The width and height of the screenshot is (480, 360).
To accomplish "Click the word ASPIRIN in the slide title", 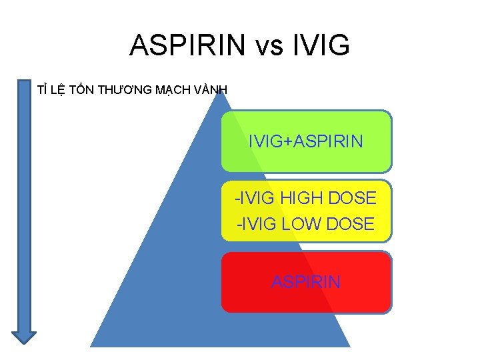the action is pos(187,45).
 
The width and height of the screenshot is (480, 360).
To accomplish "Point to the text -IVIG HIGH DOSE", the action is pos(305,198).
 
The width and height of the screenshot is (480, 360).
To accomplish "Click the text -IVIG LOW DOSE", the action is pos(305,224).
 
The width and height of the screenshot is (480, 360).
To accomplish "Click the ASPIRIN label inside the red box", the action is pos(306,281).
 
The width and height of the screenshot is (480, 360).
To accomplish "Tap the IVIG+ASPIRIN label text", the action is pos(305,141).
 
